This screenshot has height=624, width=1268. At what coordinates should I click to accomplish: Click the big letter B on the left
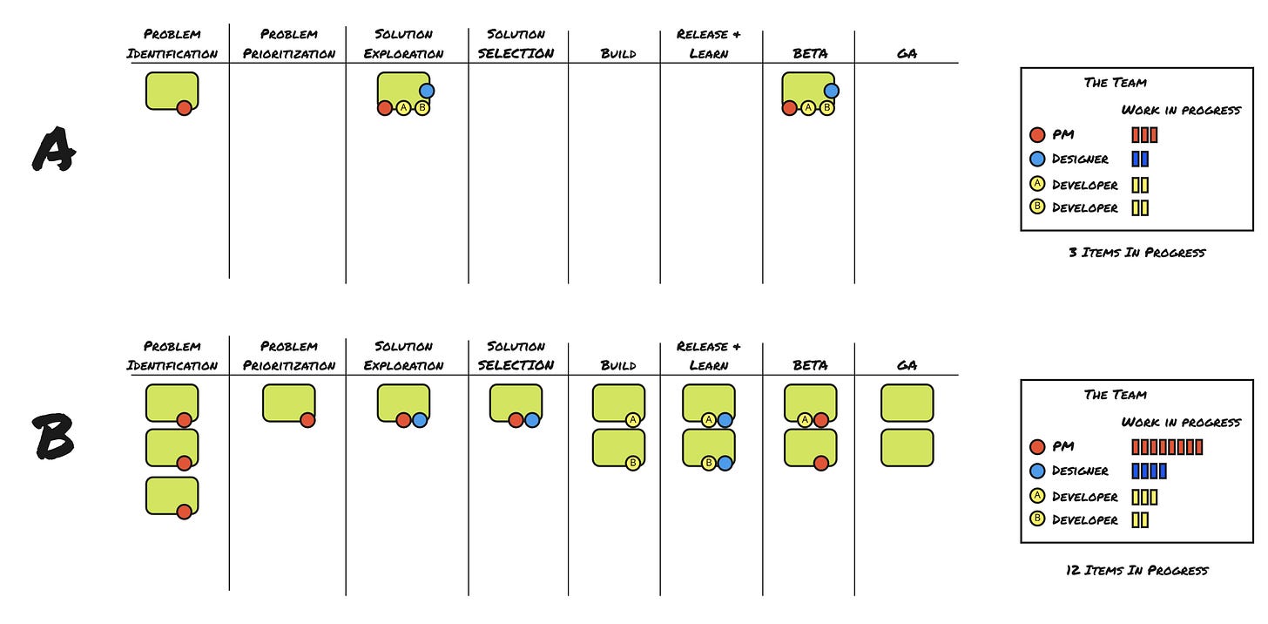click(54, 437)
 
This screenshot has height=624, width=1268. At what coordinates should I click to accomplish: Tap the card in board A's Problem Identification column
click(172, 91)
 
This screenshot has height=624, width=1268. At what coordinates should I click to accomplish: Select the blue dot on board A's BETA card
click(831, 91)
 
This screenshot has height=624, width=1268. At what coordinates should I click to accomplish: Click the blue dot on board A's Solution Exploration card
click(427, 91)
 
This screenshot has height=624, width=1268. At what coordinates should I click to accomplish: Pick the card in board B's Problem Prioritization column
click(288, 403)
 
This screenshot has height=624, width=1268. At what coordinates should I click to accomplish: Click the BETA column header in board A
click(809, 53)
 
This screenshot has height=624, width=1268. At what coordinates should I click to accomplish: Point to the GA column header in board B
click(907, 365)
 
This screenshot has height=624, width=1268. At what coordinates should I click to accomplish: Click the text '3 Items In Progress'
click(1137, 252)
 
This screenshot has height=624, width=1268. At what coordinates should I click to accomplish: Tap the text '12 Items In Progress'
click(1137, 570)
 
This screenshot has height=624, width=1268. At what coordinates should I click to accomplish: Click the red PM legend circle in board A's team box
click(1037, 135)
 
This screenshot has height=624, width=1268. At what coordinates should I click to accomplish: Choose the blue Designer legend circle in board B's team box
click(1037, 471)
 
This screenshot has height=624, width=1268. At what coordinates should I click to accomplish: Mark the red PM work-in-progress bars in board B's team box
click(1167, 447)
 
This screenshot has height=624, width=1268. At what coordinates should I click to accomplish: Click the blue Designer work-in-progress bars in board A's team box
click(1140, 159)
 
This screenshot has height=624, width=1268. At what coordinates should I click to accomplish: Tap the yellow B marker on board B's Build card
click(633, 463)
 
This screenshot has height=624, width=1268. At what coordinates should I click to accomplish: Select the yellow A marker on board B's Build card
click(633, 420)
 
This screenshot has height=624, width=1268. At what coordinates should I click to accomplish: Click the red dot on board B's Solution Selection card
click(516, 420)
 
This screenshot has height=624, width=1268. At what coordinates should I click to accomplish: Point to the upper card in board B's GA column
click(907, 403)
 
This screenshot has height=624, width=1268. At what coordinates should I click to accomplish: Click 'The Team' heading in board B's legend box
click(1115, 394)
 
